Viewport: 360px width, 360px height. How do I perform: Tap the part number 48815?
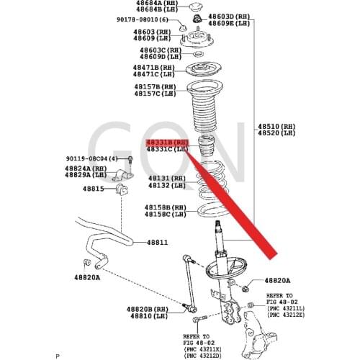point(92,189)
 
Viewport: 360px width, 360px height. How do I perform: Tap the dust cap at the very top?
point(195,8)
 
